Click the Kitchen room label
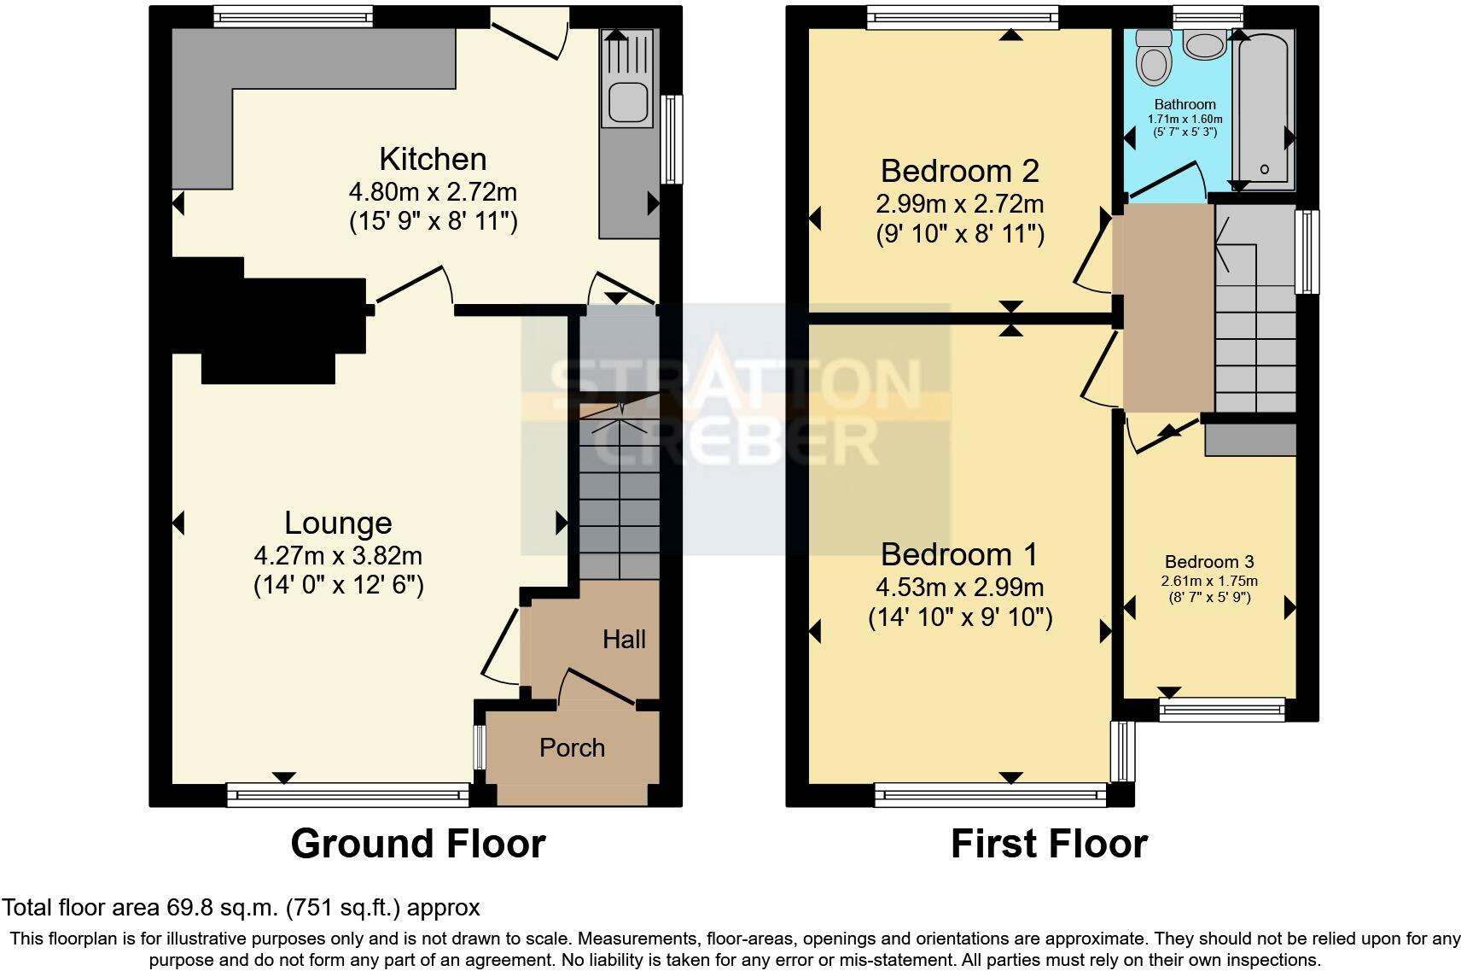(x=433, y=160)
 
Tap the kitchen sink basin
(x=626, y=101)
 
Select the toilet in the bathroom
(x=1155, y=58)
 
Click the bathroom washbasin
(x=1204, y=45)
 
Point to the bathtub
(x=1265, y=107)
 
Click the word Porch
(x=572, y=748)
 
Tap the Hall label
(x=624, y=640)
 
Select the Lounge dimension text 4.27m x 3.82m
(x=338, y=556)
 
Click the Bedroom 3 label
(x=1209, y=562)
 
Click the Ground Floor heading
(x=417, y=844)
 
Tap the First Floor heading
(x=1049, y=844)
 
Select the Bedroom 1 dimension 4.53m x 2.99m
(x=960, y=588)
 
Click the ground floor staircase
(x=620, y=495)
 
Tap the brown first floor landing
(x=1167, y=307)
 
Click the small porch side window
(x=480, y=747)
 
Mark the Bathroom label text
(x=1185, y=104)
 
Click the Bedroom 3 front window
(x=1222, y=708)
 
